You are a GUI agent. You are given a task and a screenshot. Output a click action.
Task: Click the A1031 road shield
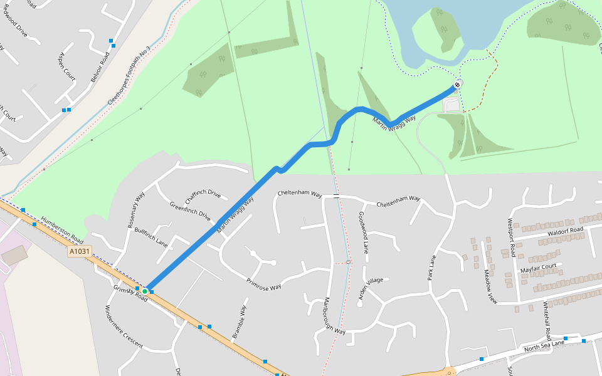point(80,251)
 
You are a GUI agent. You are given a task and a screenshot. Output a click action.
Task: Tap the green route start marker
point(145,291)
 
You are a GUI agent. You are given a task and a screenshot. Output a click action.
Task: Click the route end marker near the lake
point(457,85)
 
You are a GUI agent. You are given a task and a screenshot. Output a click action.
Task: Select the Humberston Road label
point(62,230)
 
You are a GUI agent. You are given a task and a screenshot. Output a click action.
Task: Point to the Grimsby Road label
point(130,293)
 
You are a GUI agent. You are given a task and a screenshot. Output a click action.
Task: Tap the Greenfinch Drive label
point(190,211)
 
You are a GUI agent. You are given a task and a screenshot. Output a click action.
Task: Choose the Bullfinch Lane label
point(151,237)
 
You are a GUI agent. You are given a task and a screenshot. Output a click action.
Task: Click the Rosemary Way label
point(136,209)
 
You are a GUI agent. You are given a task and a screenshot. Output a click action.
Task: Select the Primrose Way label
point(263,283)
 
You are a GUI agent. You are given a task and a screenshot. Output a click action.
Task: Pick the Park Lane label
point(432,267)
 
